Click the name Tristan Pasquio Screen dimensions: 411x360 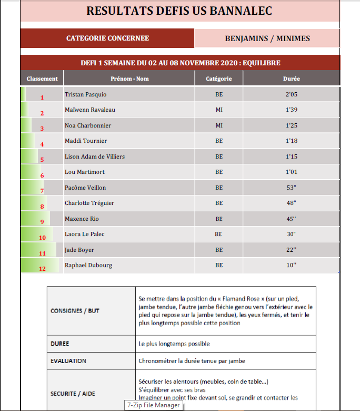85,94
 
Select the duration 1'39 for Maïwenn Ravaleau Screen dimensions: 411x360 291,110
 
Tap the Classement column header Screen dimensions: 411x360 42,79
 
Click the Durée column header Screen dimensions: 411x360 291,79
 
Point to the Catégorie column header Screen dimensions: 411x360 219,79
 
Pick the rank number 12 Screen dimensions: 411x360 43,268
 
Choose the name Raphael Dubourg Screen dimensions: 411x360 88,265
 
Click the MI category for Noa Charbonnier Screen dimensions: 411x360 219,125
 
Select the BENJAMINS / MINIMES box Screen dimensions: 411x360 267,38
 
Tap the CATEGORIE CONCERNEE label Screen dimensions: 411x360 107,38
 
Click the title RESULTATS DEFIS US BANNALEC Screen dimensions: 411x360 179,11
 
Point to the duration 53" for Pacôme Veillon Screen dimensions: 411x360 291,188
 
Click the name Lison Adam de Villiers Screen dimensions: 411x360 95,156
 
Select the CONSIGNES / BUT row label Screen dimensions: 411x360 75,310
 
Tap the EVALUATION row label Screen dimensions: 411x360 68,361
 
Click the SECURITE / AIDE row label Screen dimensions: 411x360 73,394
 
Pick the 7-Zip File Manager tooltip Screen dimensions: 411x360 153,405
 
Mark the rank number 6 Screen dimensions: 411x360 42,175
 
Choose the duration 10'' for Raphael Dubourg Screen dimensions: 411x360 291,265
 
